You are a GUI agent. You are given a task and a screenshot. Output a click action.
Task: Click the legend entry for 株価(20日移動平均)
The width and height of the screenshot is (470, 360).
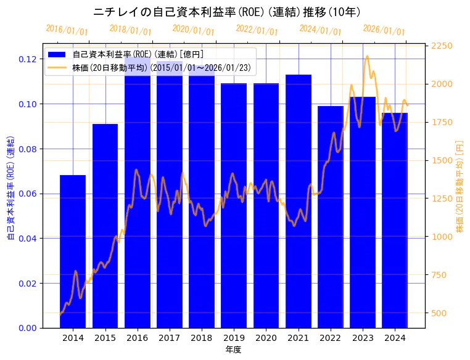(161, 68)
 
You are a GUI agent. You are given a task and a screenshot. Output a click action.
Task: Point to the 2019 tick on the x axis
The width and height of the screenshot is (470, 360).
(234, 338)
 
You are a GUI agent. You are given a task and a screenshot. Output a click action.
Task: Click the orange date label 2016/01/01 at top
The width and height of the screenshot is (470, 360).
(67, 30)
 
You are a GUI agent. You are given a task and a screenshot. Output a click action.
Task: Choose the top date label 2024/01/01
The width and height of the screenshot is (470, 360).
(320, 30)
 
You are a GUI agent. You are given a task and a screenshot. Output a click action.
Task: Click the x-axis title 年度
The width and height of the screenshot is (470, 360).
(233, 350)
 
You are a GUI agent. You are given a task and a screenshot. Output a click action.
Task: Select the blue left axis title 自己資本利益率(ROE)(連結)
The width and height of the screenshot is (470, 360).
(10, 188)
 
